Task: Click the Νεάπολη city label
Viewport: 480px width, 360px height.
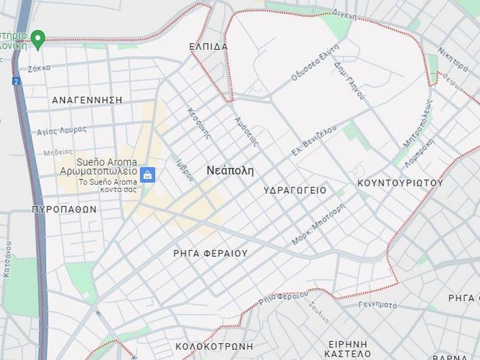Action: tap(230, 170)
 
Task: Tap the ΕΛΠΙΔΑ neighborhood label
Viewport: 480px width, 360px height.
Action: tap(208, 46)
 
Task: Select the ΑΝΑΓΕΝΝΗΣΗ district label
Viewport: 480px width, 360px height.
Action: tap(87, 100)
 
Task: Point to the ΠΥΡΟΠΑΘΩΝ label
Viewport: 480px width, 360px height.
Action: tap(64, 209)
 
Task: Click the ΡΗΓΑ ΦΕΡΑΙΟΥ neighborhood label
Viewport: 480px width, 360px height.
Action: tap(210, 253)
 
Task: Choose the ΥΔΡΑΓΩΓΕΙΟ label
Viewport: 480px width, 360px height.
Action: tap(295, 190)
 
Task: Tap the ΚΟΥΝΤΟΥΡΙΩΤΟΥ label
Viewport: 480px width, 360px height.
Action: tap(400, 182)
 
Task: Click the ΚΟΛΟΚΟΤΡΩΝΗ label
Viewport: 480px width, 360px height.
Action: tap(214, 346)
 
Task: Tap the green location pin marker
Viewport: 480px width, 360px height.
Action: tap(38, 39)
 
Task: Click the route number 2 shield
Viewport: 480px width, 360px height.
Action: tap(16, 80)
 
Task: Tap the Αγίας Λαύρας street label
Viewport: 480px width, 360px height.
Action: tap(62, 130)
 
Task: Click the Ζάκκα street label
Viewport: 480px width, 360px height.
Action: tap(38, 68)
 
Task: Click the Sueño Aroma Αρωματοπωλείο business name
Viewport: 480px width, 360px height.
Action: tap(98, 167)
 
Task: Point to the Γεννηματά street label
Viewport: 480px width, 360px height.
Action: tap(377, 305)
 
